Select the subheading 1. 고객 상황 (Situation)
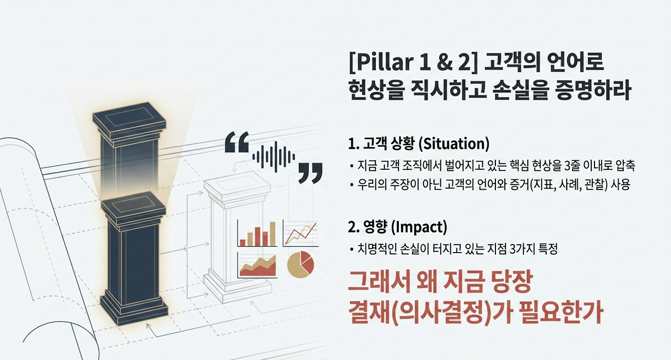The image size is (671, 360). pos(418,143)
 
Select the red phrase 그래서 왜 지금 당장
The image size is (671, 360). pos(440,283)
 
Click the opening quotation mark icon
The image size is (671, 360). pos(236,142)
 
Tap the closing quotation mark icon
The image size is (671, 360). pos(310,172)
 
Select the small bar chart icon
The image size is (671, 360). pos(257,233)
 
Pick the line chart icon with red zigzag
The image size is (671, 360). pos(301,233)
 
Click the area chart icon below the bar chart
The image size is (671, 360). pos(257,265)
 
